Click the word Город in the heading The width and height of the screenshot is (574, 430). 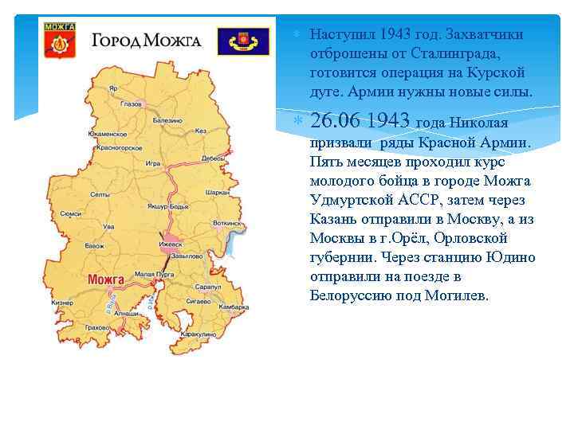click(118, 40)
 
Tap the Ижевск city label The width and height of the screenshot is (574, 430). click(171, 244)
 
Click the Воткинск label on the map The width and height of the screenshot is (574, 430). click(226, 224)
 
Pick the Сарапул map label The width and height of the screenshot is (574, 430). click(207, 286)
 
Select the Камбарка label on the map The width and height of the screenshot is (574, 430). click(234, 307)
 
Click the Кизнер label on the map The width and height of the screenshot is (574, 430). click(62, 303)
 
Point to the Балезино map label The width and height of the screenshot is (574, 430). click(167, 120)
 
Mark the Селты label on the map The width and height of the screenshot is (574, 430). click(100, 194)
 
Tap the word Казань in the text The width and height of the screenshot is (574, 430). click(334, 219)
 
